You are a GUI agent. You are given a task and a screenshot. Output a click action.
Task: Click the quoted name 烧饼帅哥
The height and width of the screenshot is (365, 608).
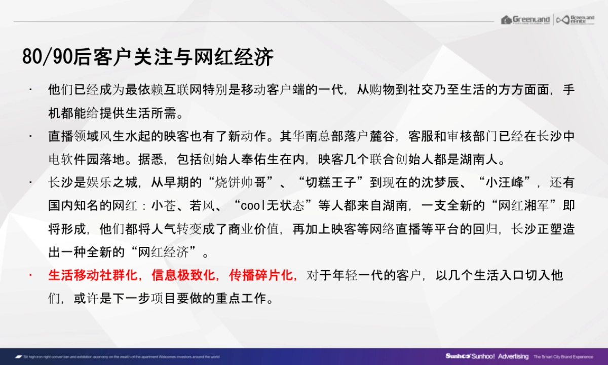coord(249,182)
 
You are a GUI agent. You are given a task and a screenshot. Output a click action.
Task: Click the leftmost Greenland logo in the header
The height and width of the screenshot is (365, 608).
coord(525,20)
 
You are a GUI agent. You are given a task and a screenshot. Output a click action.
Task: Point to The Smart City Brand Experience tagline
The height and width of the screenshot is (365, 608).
coord(563,357)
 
